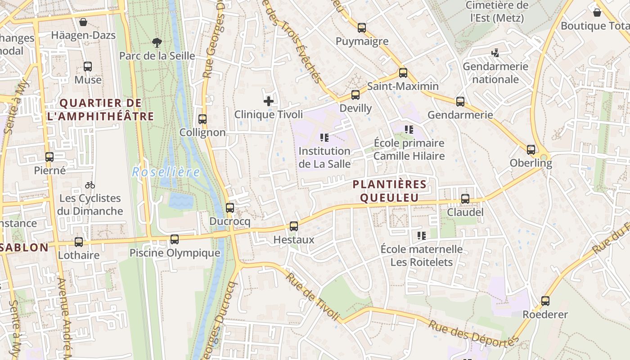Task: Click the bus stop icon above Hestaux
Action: [294, 226]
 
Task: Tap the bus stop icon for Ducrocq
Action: [230, 208]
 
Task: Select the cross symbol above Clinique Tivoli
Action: [269, 101]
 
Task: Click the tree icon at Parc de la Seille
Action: [157, 43]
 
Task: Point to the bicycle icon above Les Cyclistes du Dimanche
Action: [90, 185]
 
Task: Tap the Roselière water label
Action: [166, 172]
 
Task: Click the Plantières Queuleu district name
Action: [389, 191]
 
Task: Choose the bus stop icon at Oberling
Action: [531, 149]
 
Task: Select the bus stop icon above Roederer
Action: [545, 301]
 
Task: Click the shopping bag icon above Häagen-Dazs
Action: [83, 22]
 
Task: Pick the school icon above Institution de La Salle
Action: [324, 137]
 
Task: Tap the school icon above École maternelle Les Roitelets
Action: [422, 235]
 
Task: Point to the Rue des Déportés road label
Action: [471, 333]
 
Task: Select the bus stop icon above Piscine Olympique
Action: [175, 239]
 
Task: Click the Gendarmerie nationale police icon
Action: [495, 53]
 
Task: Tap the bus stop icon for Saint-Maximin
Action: [403, 72]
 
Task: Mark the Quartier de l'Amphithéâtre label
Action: [100, 110]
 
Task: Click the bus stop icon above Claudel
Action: [465, 198]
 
